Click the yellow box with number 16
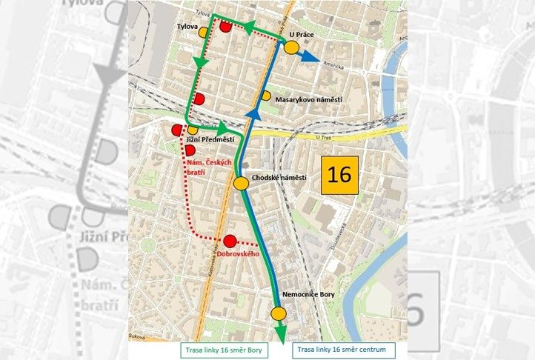coord(339,175)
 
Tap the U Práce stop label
coord(302,34)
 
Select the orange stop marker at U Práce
coord(291,48)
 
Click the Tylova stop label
coord(188,27)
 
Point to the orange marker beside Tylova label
coord(203,32)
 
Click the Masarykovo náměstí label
coord(307,97)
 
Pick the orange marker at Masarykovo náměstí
coord(265,96)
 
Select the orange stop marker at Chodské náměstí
coord(241,184)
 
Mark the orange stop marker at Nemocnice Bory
coord(279,313)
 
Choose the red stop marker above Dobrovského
coord(230,240)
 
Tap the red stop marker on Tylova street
coord(225,27)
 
